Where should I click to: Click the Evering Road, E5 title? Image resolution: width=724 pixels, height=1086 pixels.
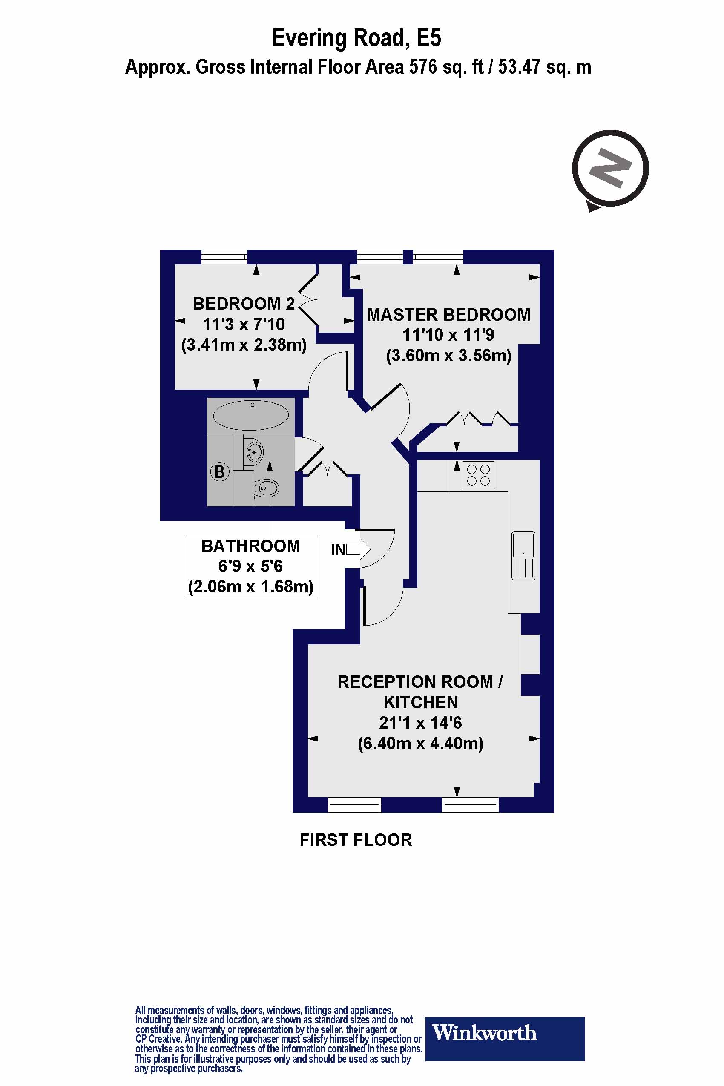pos(356,38)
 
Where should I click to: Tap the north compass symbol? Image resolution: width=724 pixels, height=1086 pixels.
pos(610,168)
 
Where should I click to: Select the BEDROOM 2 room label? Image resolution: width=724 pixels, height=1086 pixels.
pos(243,304)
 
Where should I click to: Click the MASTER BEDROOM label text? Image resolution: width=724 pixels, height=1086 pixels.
pos(448,315)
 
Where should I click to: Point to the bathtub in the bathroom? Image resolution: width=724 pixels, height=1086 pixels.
pos(251,416)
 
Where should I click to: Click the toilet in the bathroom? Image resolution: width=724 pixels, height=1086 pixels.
pos(267,487)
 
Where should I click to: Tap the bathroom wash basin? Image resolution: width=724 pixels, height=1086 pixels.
pos(254,450)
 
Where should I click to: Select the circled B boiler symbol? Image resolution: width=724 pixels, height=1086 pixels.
pos(220,472)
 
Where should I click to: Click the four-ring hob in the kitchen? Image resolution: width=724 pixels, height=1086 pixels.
pos(478,475)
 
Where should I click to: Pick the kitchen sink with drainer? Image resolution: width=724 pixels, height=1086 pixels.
pos(523,555)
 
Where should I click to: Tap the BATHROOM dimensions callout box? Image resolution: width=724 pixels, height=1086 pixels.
pos(251,566)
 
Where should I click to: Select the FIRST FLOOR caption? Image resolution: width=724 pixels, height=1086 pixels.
pos(356,840)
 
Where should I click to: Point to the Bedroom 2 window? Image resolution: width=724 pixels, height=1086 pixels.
pos(224,257)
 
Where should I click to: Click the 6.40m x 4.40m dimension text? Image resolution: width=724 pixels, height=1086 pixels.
pos(421,744)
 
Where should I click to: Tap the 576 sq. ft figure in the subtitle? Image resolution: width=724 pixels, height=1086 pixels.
pos(443,67)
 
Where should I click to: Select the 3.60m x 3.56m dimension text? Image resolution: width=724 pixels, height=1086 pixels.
pos(448,356)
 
